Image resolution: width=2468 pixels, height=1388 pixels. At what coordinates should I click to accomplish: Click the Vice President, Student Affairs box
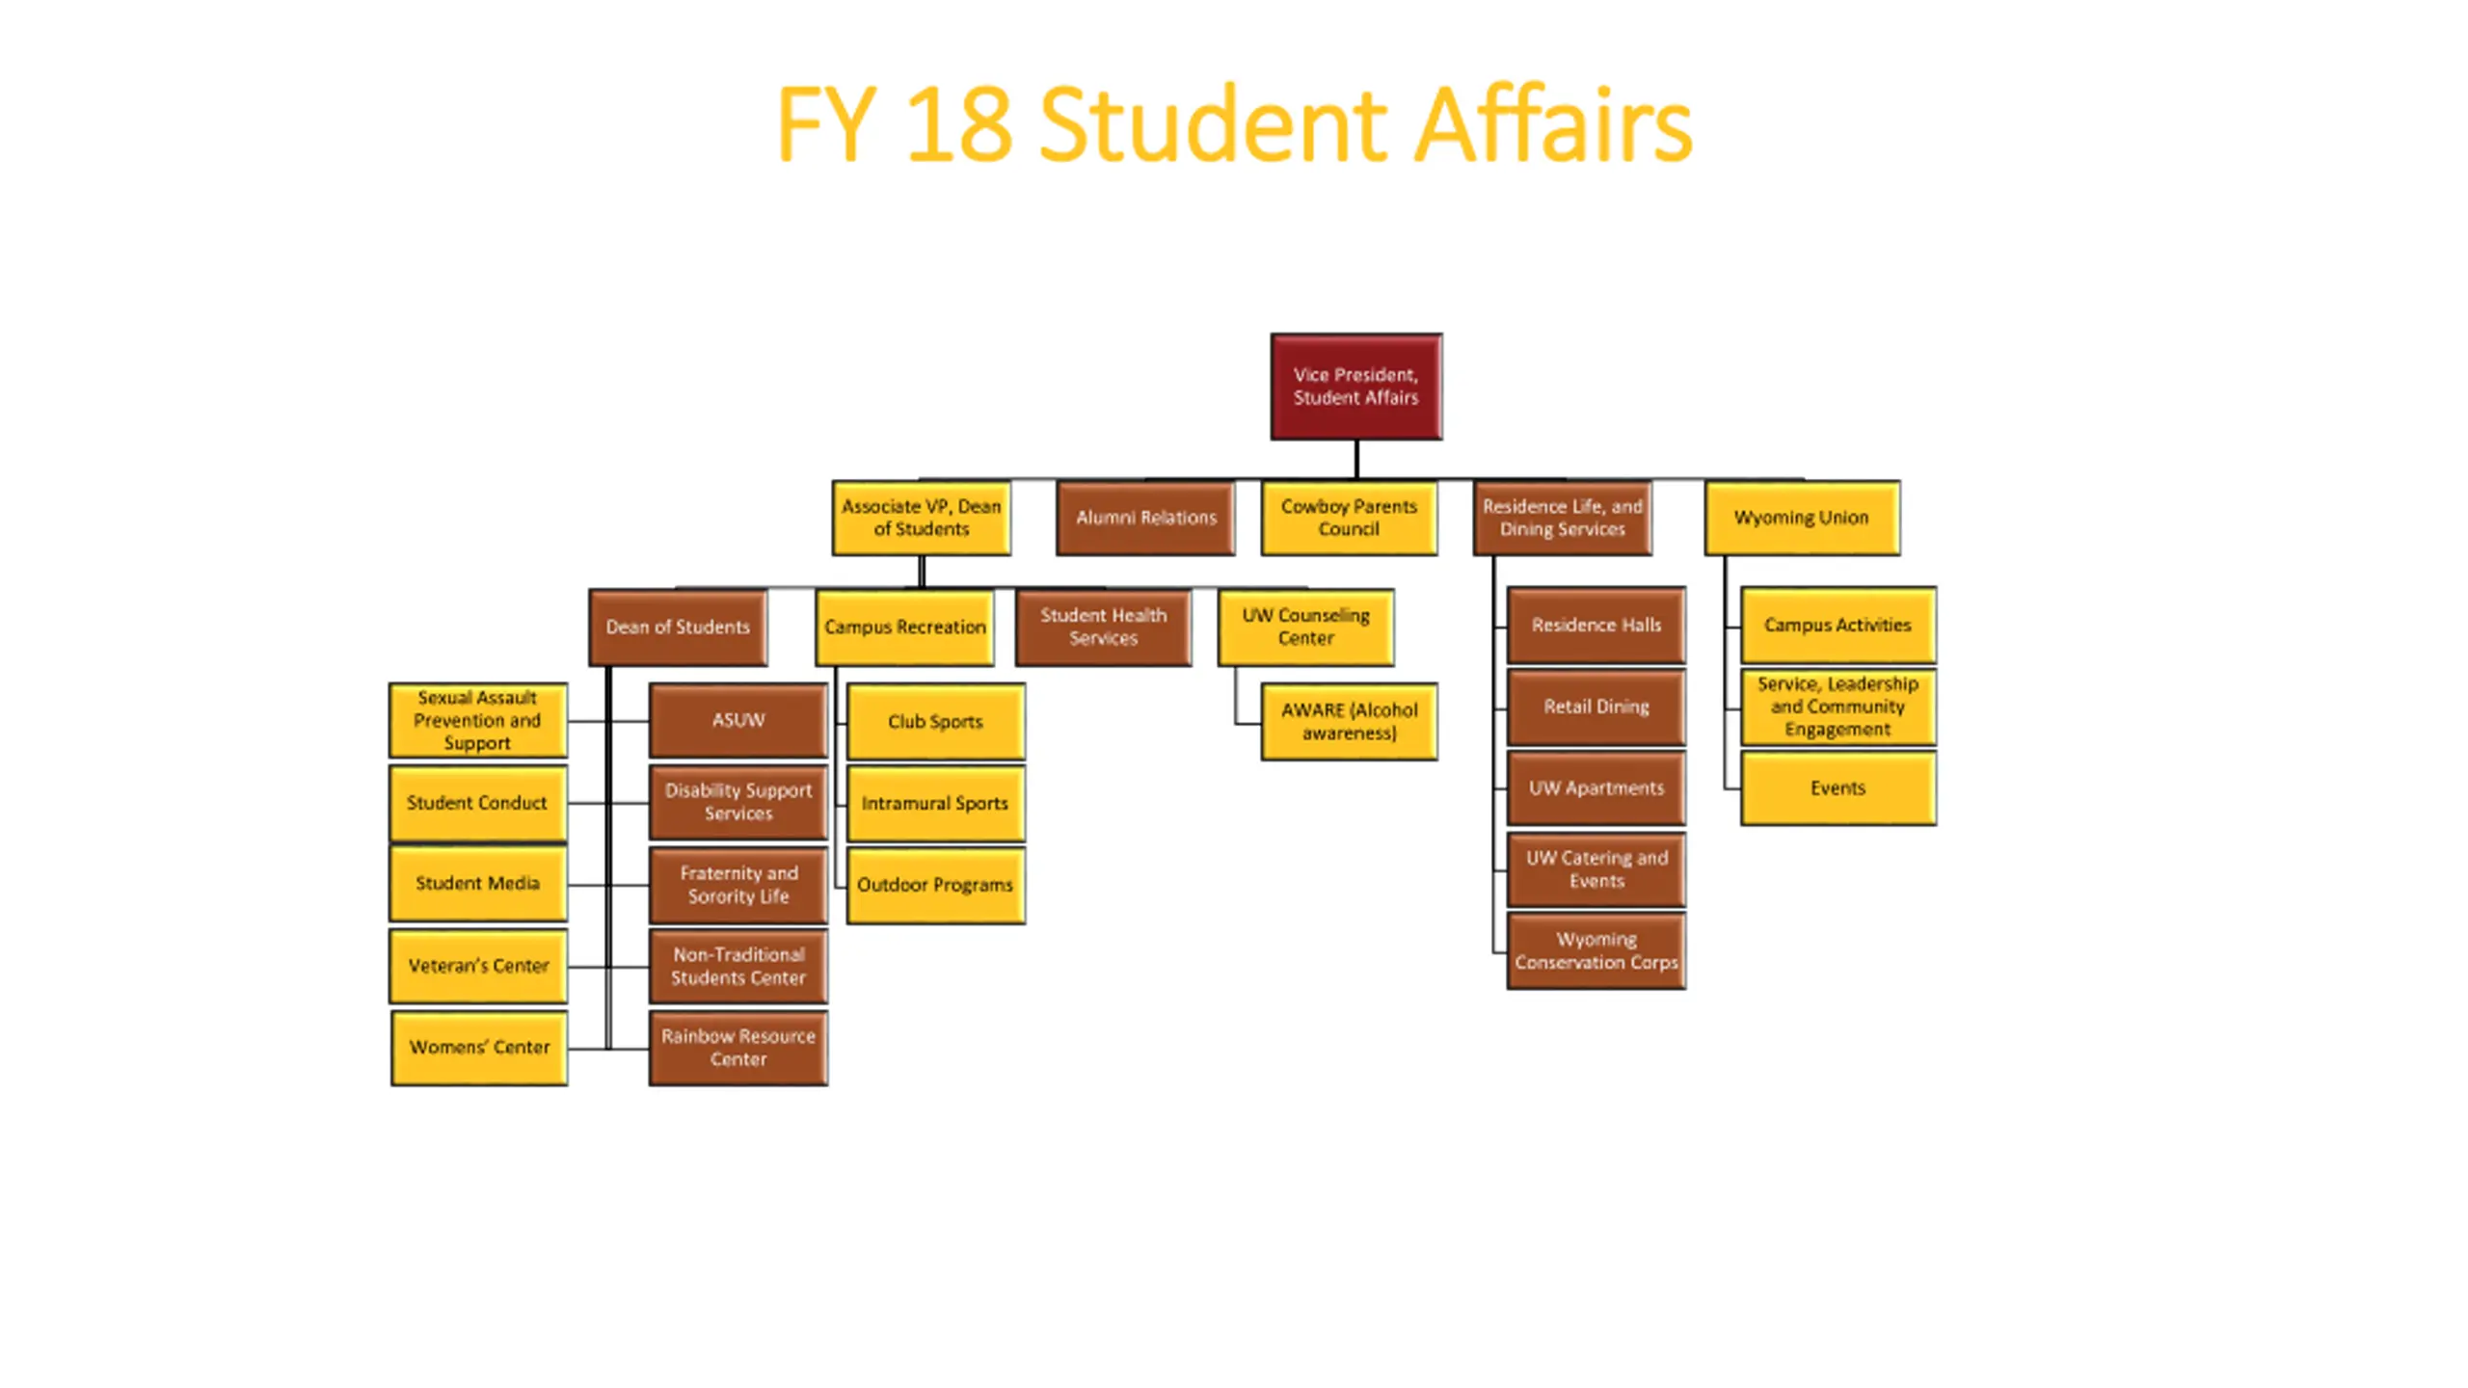(1355, 387)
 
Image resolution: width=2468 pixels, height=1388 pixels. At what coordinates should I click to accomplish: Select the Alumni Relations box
(1145, 518)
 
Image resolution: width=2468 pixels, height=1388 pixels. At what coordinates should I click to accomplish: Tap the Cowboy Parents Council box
(1348, 518)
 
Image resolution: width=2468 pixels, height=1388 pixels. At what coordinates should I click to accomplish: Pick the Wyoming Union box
(1801, 518)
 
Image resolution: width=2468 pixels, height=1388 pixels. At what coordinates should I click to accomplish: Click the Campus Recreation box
(904, 627)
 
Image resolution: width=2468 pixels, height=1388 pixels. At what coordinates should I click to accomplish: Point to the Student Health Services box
(1103, 627)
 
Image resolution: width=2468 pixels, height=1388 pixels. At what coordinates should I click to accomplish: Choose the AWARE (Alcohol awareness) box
(1349, 721)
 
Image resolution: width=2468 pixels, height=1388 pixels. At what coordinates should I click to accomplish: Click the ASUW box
(738, 720)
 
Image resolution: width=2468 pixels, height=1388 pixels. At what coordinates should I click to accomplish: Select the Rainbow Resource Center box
(738, 1047)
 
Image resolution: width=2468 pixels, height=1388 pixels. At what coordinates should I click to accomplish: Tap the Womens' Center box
(479, 1047)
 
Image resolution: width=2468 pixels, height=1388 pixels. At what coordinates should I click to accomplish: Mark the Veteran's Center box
(478, 965)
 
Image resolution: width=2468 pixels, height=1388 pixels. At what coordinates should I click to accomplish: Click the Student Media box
(477, 883)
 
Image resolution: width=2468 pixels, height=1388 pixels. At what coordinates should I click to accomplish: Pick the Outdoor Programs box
(935, 885)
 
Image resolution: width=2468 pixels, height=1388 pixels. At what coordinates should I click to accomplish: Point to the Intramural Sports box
(935, 803)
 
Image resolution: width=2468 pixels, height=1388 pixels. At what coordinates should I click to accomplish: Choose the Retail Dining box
(1596, 707)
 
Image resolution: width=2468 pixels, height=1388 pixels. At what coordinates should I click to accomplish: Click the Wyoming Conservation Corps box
(1596, 950)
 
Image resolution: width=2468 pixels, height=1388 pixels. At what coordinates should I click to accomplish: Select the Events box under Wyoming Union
(1838, 787)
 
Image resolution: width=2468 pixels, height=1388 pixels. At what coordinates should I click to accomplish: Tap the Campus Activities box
(1838, 625)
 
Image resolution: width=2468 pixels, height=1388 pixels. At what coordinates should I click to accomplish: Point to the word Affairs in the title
(1552, 125)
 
